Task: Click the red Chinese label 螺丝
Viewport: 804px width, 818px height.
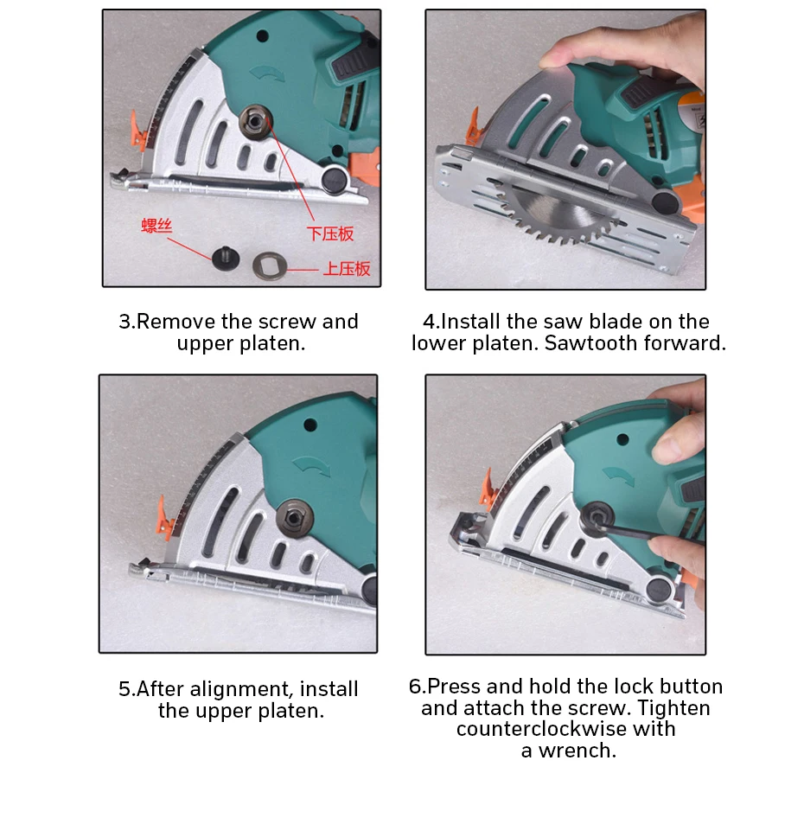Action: coord(157,227)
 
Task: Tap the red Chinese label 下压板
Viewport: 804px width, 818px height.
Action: coord(330,233)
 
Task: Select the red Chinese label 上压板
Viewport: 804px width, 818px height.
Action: coord(347,269)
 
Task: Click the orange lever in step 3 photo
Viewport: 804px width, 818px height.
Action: coord(137,129)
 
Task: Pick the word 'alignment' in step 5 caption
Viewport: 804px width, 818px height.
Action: coord(240,690)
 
